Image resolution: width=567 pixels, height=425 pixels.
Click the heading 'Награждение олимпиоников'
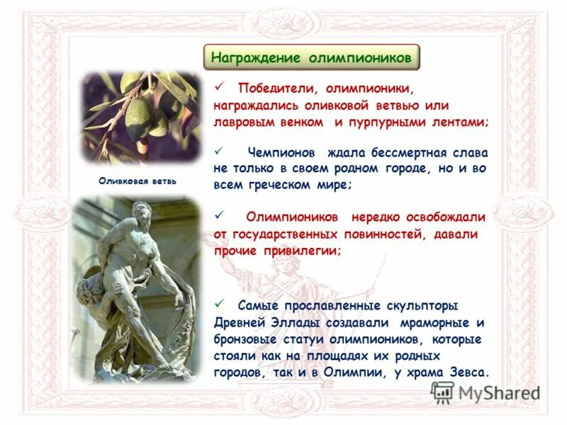click(312, 57)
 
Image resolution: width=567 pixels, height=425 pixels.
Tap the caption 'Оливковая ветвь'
click(138, 181)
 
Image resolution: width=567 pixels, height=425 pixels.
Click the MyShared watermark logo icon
click(442, 392)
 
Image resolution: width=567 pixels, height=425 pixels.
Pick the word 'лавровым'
click(242, 121)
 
